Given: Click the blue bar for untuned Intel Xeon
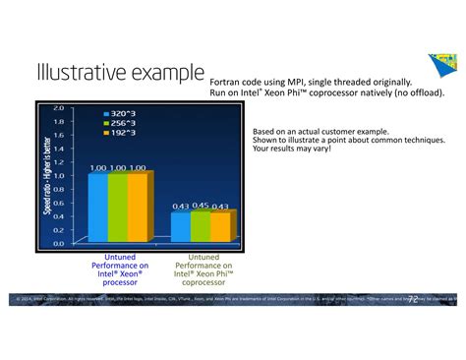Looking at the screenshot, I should (x=98, y=208).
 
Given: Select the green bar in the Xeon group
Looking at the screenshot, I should (x=116, y=208).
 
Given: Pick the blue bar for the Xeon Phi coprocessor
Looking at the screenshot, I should (x=181, y=226).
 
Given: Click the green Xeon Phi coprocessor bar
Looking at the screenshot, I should (x=201, y=225).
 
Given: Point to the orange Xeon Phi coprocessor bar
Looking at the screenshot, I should (x=220, y=226).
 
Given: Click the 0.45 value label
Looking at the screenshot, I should (x=201, y=206).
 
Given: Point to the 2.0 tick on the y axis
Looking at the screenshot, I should (x=58, y=107).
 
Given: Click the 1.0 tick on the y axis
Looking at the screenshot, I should (x=58, y=175).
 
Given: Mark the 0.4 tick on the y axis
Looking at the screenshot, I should (x=58, y=216).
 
